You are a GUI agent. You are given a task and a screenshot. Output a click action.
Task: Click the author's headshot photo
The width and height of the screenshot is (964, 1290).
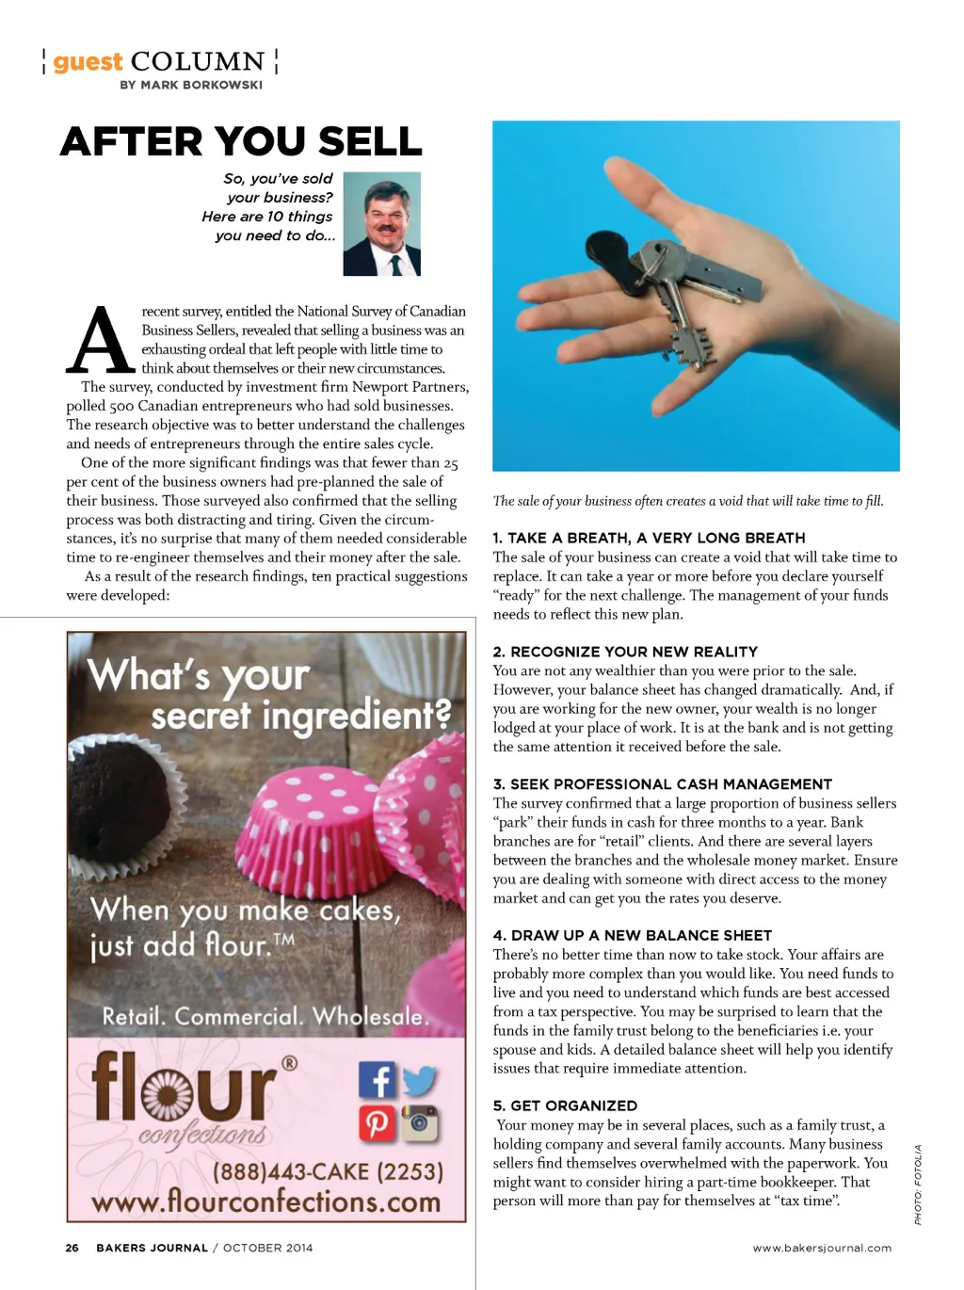click(x=381, y=223)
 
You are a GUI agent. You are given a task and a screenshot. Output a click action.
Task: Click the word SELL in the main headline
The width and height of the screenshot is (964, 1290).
click(x=369, y=142)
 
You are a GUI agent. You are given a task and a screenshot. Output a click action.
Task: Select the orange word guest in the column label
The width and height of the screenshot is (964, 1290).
click(x=88, y=62)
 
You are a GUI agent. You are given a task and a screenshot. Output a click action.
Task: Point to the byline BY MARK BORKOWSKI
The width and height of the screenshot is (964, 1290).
click(x=191, y=85)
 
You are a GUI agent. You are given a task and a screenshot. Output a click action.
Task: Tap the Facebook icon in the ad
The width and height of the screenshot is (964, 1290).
click(x=377, y=1080)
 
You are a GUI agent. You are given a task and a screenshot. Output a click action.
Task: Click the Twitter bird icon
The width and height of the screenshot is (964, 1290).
click(x=420, y=1080)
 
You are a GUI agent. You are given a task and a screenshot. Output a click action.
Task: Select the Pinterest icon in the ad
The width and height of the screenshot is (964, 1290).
click(x=377, y=1123)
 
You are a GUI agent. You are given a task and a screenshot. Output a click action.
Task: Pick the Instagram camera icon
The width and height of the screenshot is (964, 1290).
click(x=420, y=1122)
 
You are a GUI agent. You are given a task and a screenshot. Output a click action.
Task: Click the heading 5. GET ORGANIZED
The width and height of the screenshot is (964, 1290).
click(x=565, y=1105)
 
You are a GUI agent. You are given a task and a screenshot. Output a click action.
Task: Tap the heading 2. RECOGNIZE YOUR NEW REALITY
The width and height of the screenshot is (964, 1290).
click(x=625, y=652)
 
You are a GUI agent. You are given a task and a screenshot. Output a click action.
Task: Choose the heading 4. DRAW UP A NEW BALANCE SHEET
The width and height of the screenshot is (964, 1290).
click(x=633, y=935)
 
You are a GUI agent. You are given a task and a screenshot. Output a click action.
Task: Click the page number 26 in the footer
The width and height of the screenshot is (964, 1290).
click(x=72, y=1248)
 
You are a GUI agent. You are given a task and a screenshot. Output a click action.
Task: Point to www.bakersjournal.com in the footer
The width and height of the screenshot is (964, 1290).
click(x=822, y=1248)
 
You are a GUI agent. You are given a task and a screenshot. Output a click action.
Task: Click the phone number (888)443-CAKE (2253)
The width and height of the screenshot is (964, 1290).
click(x=328, y=1171)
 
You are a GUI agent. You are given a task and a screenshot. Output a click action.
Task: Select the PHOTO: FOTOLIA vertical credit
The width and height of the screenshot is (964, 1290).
click(x=918, y=1185)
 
